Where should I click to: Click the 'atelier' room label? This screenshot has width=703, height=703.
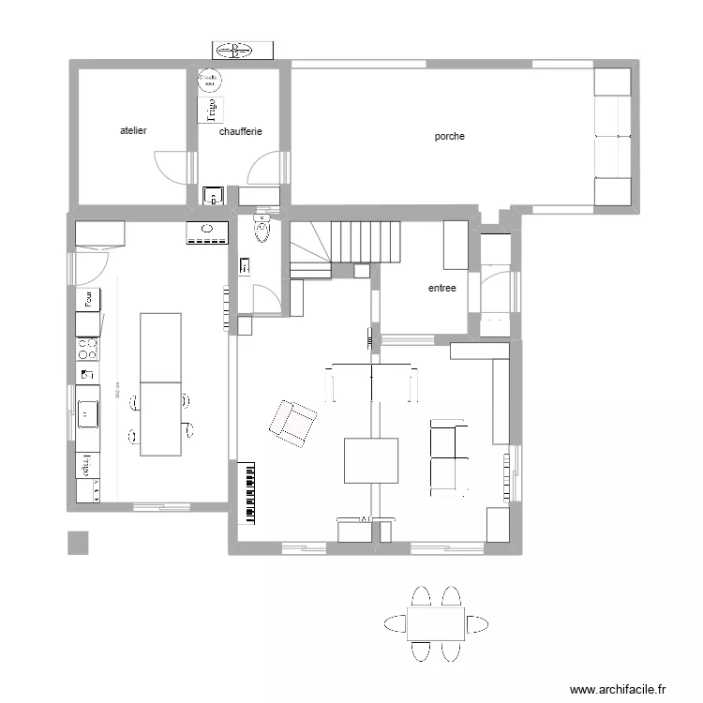(133, 131)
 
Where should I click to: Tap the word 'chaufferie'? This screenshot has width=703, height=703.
(240, 132)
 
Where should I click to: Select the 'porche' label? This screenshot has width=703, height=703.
(449, 137)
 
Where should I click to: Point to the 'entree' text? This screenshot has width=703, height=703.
(441, 289)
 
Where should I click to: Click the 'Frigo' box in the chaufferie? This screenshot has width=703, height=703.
(211, 110)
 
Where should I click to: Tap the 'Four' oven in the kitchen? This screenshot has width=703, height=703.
(88, 299)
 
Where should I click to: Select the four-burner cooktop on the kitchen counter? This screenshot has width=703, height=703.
(88, 350)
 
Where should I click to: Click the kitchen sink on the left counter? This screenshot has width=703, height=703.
(88, 411)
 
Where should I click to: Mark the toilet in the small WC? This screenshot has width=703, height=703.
(262, 229)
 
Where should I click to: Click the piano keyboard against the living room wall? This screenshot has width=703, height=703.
(249, 491)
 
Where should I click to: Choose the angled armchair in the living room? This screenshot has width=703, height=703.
(293, 423)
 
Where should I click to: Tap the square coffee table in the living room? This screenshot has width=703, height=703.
(371, 460)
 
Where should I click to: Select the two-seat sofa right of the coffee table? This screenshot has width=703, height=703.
(448, 458)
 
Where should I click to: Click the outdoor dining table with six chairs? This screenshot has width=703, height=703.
(436, 623)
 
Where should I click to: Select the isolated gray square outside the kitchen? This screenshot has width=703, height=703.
(78, 543)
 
